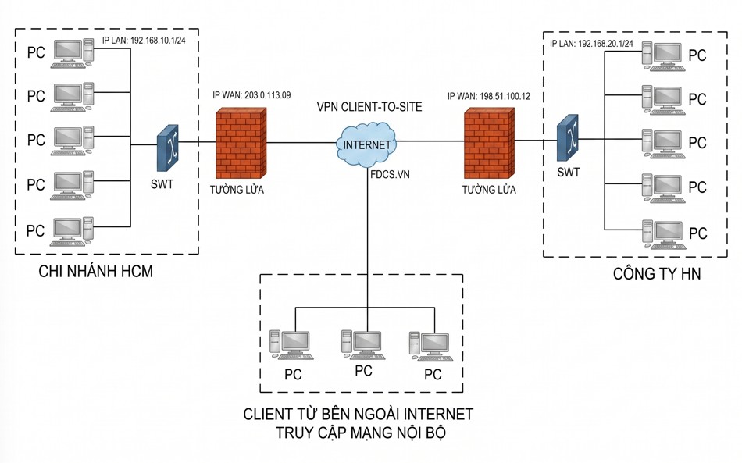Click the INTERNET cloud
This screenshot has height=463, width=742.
click(367, 144)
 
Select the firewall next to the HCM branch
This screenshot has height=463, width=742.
click(241, 144)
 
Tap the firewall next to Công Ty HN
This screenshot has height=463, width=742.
click(489, 144)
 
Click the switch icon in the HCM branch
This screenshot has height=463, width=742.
click(168, 148)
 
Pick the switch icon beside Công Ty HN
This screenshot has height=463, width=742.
click(567, 137)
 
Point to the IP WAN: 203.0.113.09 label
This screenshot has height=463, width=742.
click(251, 95)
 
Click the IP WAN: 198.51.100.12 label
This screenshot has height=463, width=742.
click(489, 97)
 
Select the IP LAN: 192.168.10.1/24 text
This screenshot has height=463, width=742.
click(144, 41)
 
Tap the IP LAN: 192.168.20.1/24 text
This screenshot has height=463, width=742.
click(591, 44)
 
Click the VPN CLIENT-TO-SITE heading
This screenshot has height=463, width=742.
click(369, 107)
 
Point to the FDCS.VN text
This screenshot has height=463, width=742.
click(390, 175)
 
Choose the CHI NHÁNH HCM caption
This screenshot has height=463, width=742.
click(95, 272)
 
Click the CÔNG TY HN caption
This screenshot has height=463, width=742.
click(657, 274)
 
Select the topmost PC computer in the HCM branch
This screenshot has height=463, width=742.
click(73, 53)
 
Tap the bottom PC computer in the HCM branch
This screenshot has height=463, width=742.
click(73, 232)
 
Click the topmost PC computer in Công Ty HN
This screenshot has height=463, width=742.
click(663, 56)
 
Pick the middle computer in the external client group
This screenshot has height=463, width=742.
click(363, 345)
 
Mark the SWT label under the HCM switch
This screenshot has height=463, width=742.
click(162, 184)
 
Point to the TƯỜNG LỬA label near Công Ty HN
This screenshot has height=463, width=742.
click(489, 190)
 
